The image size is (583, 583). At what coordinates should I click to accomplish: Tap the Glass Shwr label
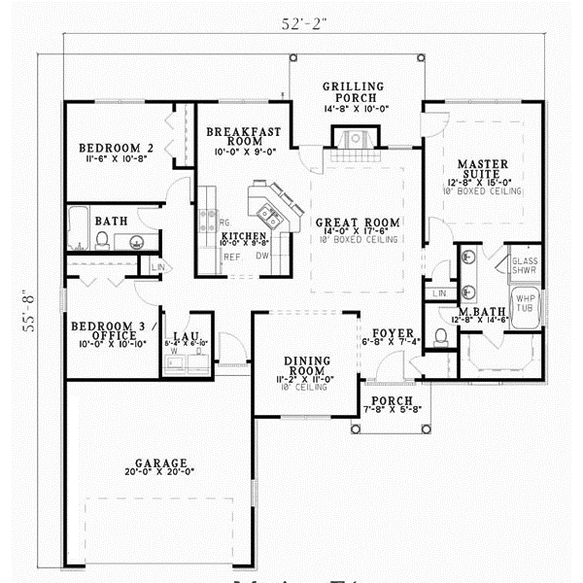click(x=525, y=265)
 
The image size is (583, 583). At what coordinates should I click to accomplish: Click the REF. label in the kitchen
click(x=231, y=257)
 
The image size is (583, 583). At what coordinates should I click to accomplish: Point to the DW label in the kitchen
click(x=262, y=257)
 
